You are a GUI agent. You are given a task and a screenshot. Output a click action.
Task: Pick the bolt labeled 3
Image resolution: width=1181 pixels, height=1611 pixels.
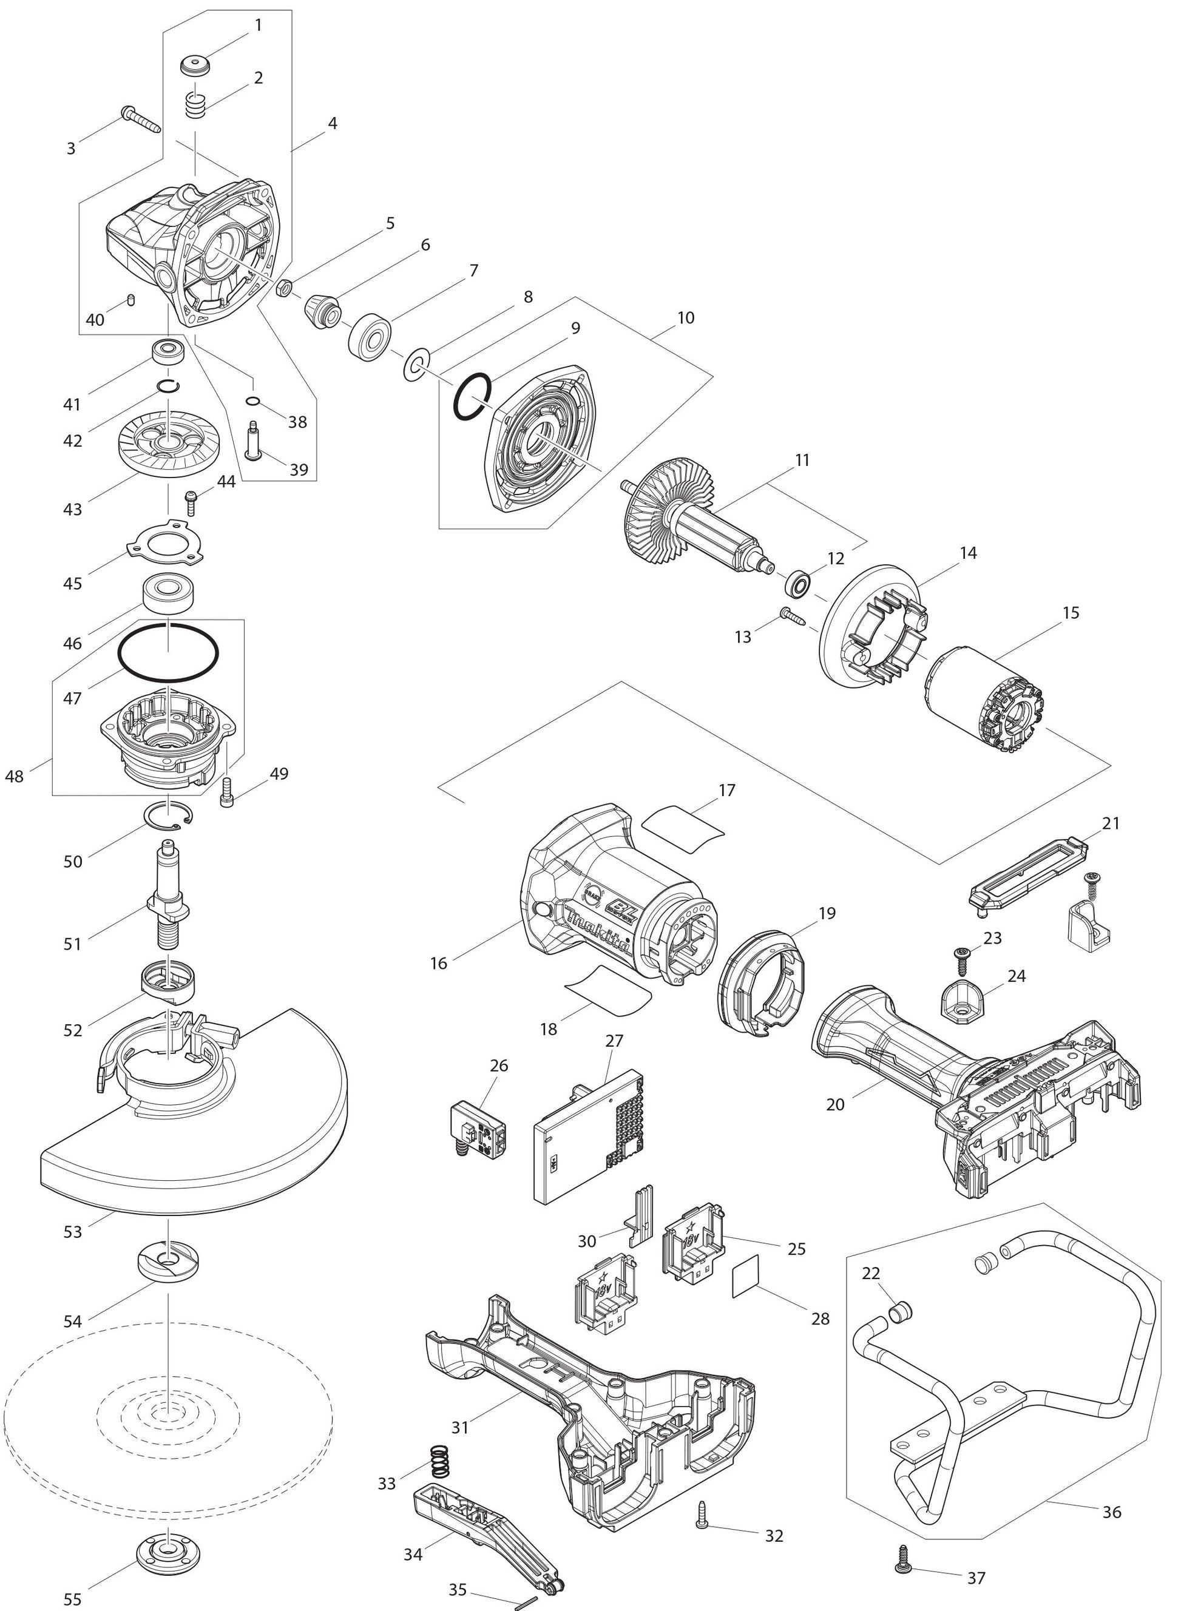[x=142, y=120]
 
